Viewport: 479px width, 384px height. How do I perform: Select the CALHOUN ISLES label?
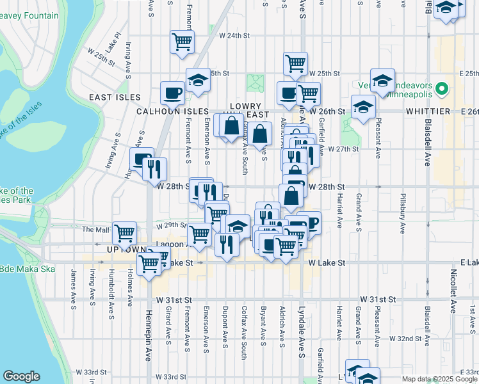pyautogui.click(x=164, y=111)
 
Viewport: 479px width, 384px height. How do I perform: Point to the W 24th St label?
pyautogui.click(x=233, y=36)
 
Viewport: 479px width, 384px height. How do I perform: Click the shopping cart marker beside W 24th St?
pyautogui.click(x=183, y=42)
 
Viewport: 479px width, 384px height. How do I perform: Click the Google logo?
pyautogui.click(x=21, y=376)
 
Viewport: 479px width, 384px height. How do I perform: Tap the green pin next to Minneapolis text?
pyautogui.click(x=441, y=89)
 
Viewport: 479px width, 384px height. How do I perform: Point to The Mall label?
pyautogui.click(x=96, y=229)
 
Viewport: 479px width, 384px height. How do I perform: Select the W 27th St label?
pyautogui.click(x=343, y=149)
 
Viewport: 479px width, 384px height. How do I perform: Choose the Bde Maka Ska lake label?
pyautogui.click(x=18, y=268)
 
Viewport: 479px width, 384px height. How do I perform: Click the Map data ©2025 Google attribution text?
pyautogui.click(x=439, y=379)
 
